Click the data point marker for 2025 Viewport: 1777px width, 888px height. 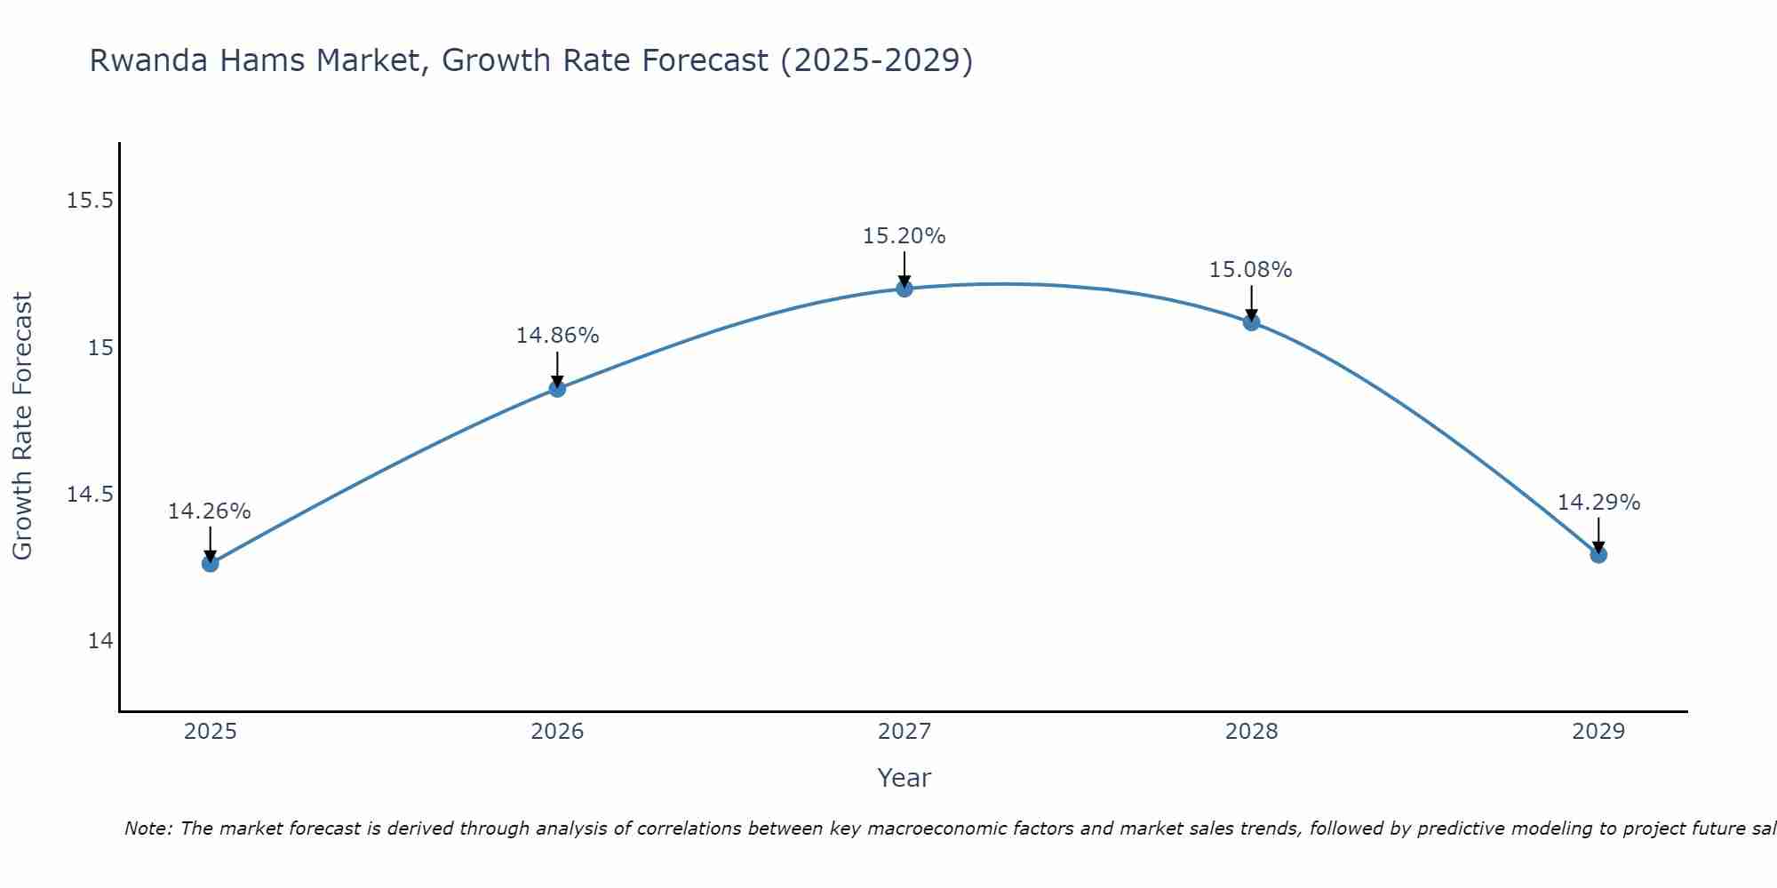click(211, 563)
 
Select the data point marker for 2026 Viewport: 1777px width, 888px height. click(557, 388)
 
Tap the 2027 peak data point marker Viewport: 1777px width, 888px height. click(904, 288)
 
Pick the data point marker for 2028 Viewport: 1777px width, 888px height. click(1251, 322)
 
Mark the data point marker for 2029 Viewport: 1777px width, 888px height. click(1598, 554)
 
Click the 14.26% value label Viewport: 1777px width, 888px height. click(210, 511)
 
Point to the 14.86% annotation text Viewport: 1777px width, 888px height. click(557, 336)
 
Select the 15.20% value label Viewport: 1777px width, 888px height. click(904, 236)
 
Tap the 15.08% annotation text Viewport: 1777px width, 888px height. click(1250, 270)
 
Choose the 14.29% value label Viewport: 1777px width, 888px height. click(1598, 503)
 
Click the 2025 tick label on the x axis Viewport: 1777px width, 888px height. click(211, 732)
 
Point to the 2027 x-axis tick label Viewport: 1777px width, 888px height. click(904, 732)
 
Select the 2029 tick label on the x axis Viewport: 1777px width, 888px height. click(1598, 732)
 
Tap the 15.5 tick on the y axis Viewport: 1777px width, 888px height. click(91, 201)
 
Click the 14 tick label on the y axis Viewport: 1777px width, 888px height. click(100, 641)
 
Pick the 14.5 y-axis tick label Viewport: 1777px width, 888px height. click(91, 495)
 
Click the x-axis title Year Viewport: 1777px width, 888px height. click(904, 778)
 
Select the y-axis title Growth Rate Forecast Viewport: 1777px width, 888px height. click(22, 426)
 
